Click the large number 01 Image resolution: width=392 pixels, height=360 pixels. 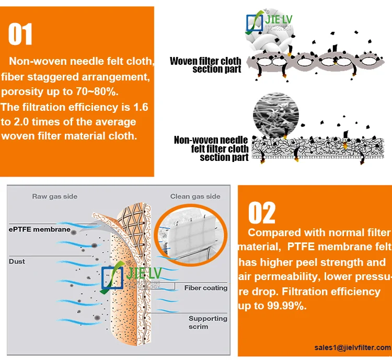[20, 34]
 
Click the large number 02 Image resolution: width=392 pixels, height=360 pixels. [261, 213]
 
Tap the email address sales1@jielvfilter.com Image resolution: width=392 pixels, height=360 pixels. [352, 347]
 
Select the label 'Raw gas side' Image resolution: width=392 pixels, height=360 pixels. [54, 196]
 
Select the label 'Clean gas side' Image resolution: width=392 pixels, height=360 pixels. [195, 196]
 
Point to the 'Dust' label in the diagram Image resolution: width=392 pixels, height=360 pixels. [17, 260]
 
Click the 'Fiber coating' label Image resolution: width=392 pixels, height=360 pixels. [205, 288]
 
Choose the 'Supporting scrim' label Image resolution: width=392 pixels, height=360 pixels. [207, 322]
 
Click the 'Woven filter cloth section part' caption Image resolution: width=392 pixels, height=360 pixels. [205, 65]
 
